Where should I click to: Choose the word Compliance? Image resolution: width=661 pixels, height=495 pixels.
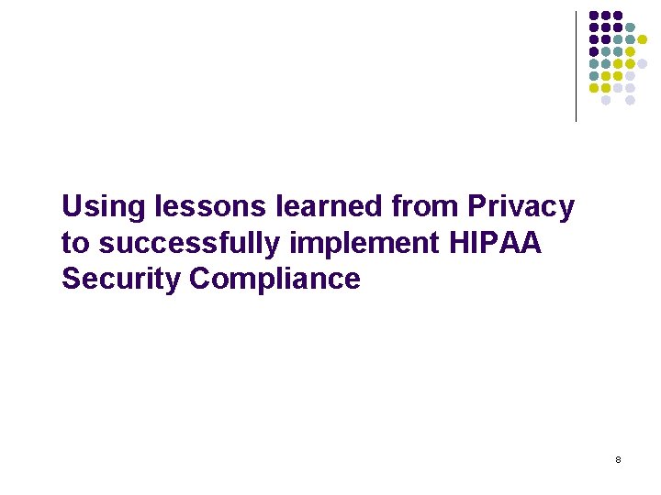(x=275, y=279)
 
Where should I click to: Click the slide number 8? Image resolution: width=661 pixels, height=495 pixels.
(x=618, y=458)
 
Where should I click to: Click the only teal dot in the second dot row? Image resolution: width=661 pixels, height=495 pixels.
(x=630, y=27)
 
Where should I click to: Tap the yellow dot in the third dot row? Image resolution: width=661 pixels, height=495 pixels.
(x=642, y=39)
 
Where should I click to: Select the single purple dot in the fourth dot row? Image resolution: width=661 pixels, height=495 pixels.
(x=594, y=52)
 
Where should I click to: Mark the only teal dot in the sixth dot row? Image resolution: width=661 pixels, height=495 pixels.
(x=594, y=76)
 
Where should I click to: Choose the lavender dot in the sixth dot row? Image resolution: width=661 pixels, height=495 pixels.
(x=630, y=76)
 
